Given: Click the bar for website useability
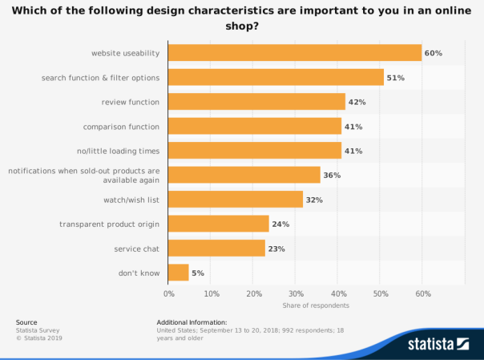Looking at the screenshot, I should (295, 53).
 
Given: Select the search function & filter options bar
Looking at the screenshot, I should (276, 78).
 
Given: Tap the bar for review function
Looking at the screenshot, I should (256, 102).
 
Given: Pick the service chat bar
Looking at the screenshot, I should (216, 249).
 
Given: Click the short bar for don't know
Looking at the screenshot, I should (179, 273).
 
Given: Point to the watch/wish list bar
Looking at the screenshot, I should (236, 200).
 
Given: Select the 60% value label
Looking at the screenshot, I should (434, 53).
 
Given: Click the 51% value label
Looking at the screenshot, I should (395, 78).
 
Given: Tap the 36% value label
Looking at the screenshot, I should (332, 175).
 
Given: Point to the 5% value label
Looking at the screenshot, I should (198, 273).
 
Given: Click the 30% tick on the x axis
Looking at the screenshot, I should (296, 293).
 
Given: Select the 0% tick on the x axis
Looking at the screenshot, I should (169, 293).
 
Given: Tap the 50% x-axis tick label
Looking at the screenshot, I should (380, 293).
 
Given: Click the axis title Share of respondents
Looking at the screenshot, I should (316, 305).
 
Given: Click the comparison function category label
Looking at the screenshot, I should (122, 127).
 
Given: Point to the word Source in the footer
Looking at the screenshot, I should (26, 322).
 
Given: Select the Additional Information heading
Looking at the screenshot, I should (192, 322).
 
